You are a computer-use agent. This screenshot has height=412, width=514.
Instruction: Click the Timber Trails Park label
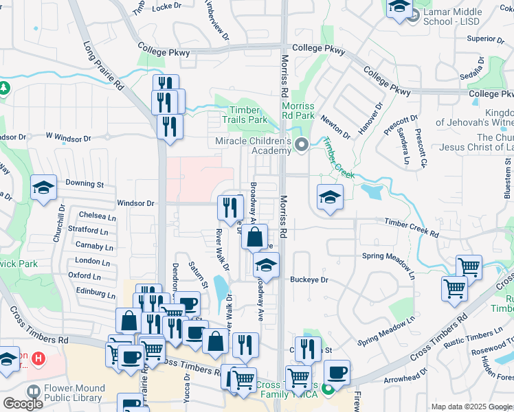click(x=244, y=115)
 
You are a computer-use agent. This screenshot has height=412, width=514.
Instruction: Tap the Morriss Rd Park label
click(x=298, y=111)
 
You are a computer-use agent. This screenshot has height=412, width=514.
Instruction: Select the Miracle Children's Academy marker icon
click(x=302, y=145)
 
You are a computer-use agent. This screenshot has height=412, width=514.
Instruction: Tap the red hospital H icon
click(x=38, y=358)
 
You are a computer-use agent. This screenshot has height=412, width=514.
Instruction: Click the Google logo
click(x=22, y=403)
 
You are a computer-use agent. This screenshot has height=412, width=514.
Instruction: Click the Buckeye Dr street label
click(x=309, y=280)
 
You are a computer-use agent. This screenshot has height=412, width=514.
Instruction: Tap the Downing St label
click(x=85, y=184)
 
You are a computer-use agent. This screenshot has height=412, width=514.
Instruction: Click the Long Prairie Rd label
click(x=104, y=67)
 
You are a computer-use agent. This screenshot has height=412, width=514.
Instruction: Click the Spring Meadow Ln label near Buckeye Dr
click(x=389, y=257)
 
